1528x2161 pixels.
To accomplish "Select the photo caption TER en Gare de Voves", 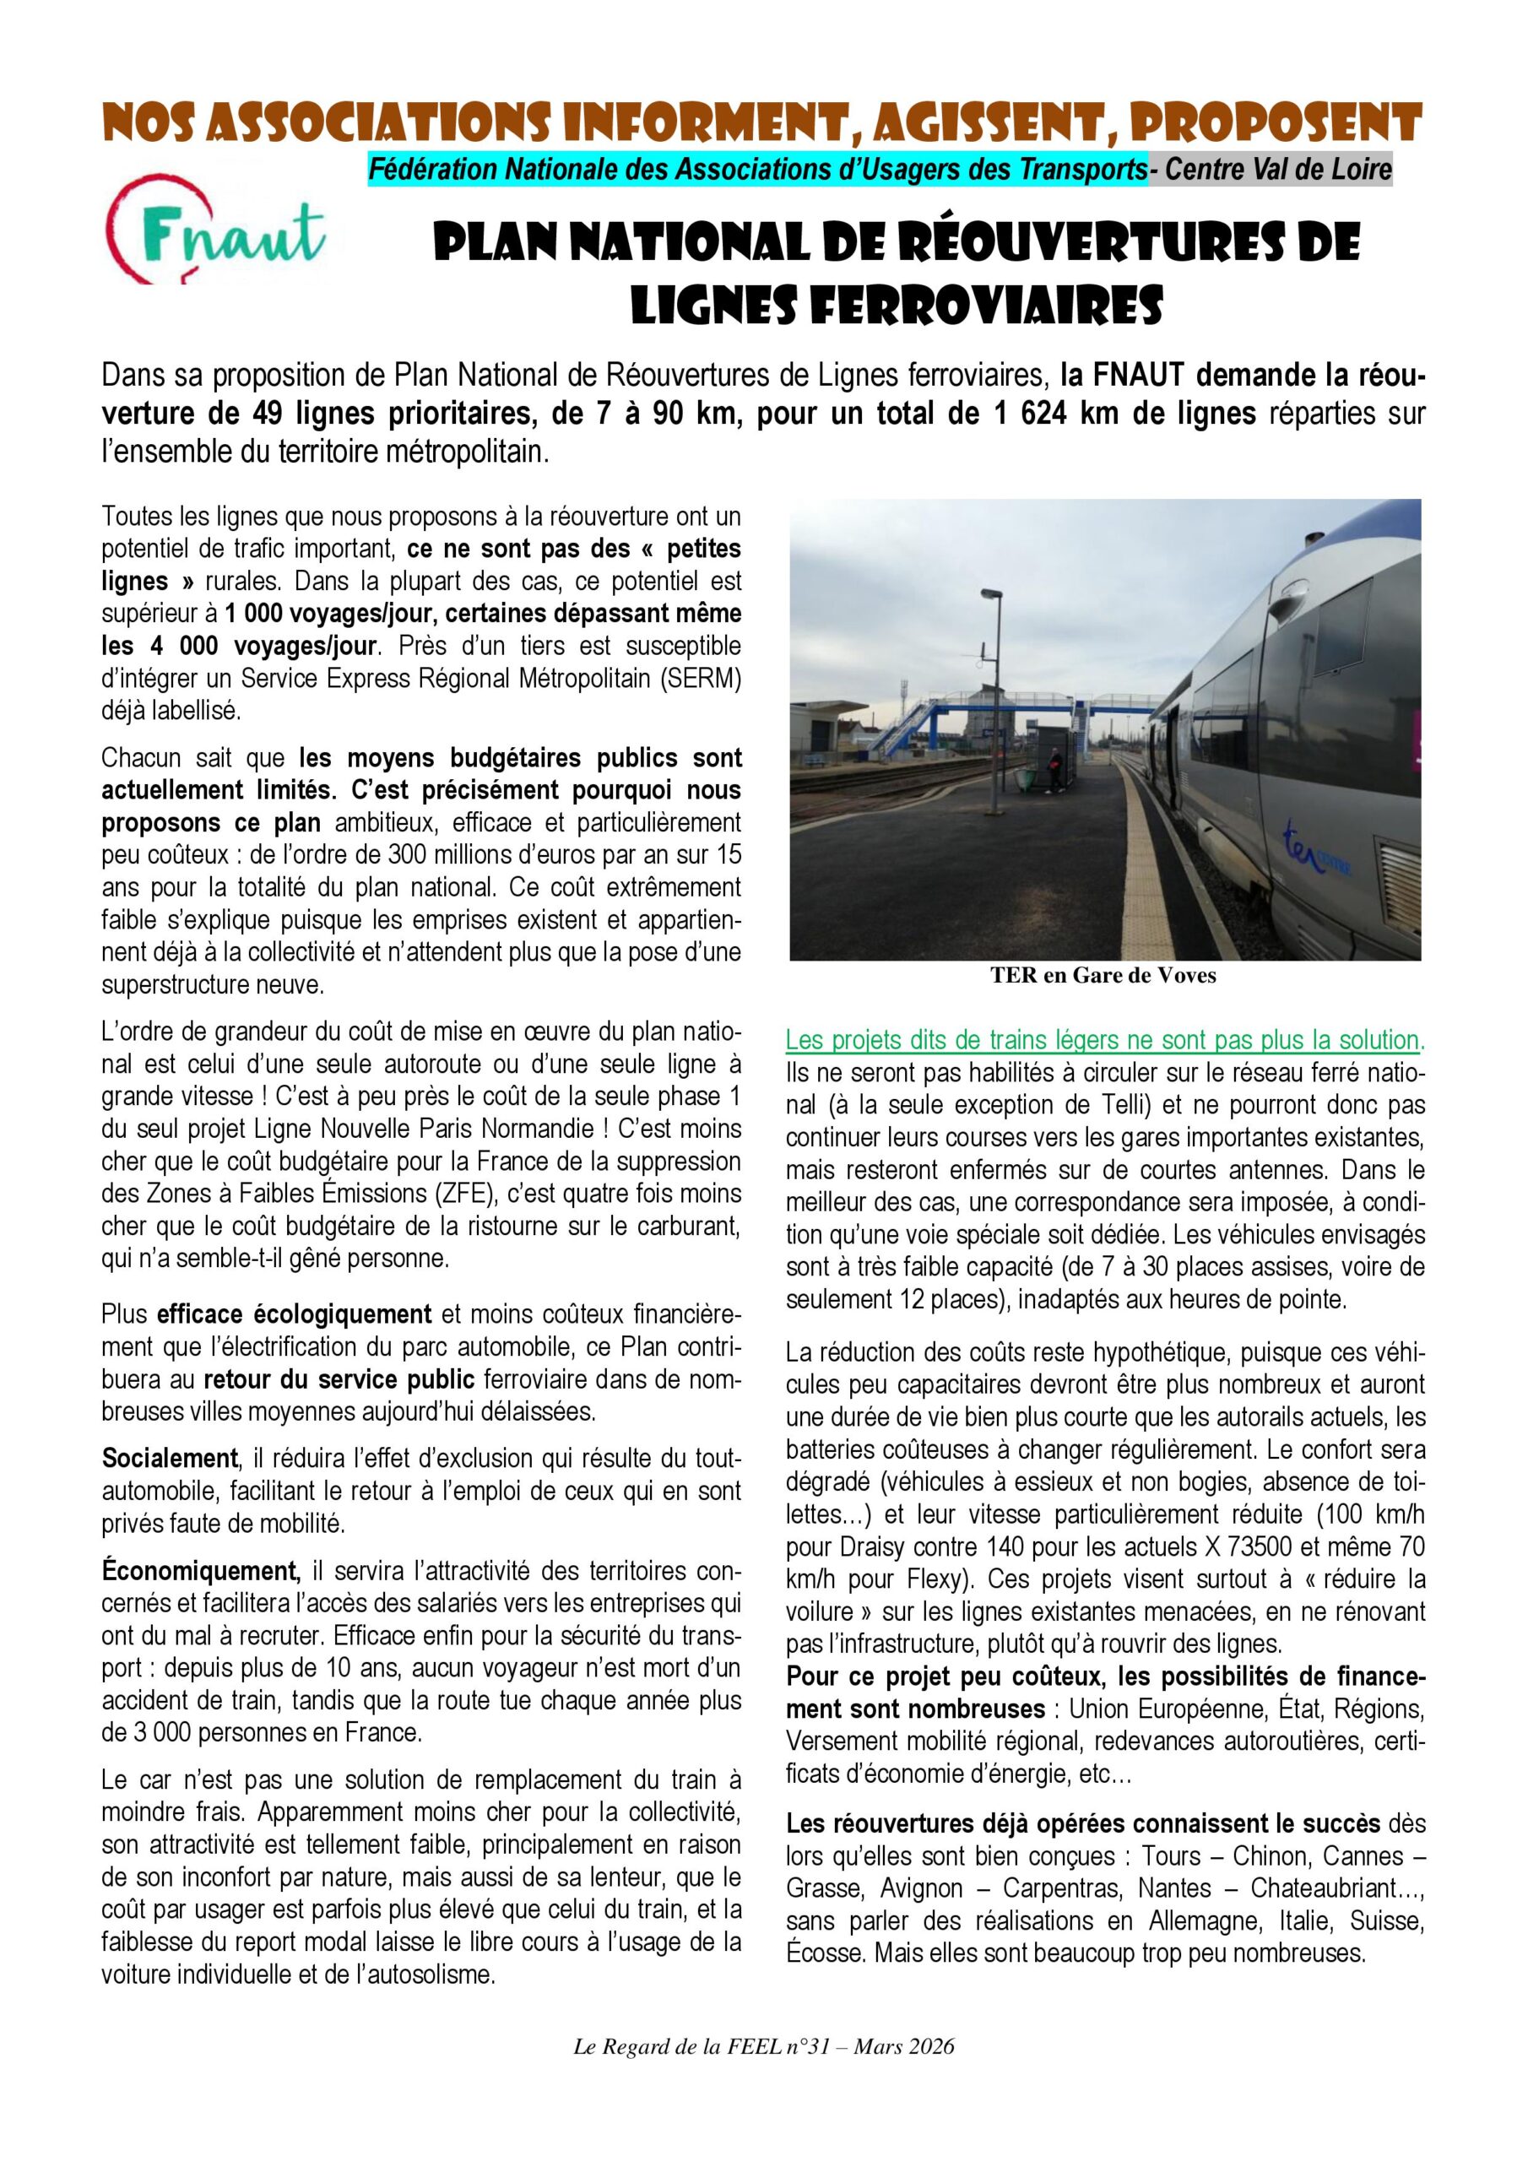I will point(1103,975).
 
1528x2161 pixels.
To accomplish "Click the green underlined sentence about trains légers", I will point(1104,1040).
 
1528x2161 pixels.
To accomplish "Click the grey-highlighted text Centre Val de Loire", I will point(1277,171).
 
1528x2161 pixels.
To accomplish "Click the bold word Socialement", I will point(170,1459).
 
